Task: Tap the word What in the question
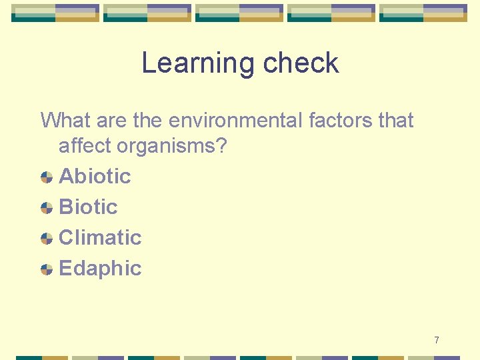(x=65, y=121)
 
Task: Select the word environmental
(x=236, y=121)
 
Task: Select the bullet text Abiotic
(x=95, y=176)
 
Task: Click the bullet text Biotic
(x=88, y=207)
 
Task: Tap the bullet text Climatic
(x=100, y=237)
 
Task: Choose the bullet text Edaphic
(x=100, y=268)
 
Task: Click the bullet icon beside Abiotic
(x=47, y=177)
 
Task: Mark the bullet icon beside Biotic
(x=47, y=207)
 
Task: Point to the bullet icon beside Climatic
(x=47, y=238)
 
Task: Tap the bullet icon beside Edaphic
(x=47, y=269)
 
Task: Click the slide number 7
(x=436, y=341)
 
